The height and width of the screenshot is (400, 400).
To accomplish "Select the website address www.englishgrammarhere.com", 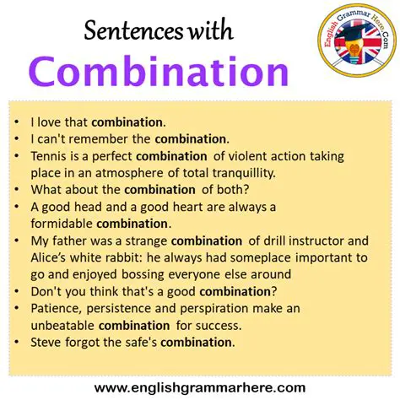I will coord(200,387).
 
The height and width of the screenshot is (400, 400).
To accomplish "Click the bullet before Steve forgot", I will coord(20,342).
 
